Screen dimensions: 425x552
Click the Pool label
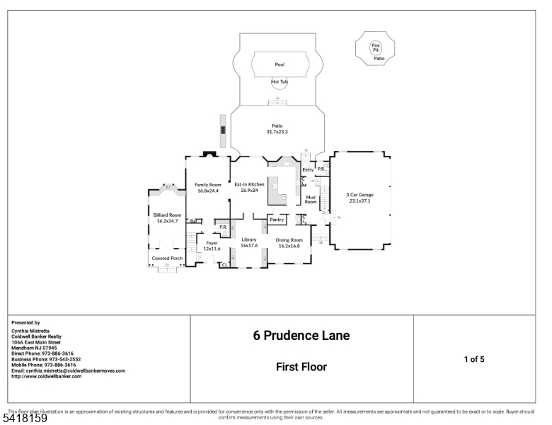click(x=280, y=64)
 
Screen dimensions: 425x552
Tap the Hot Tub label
click(x=280, y=81)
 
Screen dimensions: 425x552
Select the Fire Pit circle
click(x=376, y=47)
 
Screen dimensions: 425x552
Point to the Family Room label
click(x=208, y=188)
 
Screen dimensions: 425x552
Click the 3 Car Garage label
click(x=360, y=197)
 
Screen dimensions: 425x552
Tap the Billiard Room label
click(x=167, y=218)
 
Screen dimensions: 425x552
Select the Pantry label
click(x=277, y=220)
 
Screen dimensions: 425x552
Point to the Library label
click(x=248, y=242)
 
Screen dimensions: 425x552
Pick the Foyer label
click(x=212, y=246)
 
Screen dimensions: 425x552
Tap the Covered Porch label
click(x=167, y=259)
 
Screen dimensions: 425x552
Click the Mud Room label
click(x=311, y=199)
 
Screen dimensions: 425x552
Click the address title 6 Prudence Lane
click(x=301, y=335)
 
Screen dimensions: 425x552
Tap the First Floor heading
click(x=301, y=367)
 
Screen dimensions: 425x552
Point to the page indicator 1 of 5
click(x=473, y=359)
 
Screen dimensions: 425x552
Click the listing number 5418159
click(x=24, y=419)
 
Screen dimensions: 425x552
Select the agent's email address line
click(x=68, y=370)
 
